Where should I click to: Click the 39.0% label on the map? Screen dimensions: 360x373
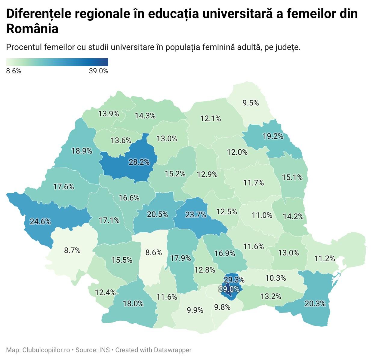click(229, 289)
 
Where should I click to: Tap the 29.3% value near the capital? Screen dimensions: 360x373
click(234, 280)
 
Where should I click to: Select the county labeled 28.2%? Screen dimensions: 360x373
click(139, 162)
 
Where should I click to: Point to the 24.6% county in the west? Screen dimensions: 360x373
click(40, 222)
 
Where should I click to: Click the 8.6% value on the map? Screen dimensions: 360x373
click(153, 252)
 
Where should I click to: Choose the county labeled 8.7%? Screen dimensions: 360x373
click(72, 250)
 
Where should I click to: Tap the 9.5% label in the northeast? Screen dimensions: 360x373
click(251, 103)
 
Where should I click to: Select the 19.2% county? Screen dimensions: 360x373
click(273, 136)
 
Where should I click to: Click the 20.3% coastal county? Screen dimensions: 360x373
click(315, 304)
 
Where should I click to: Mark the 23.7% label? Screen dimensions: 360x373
click(196, 215)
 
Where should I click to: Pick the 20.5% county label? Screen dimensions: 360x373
click(157, 214)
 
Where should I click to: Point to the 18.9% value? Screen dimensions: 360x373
click(82, 151)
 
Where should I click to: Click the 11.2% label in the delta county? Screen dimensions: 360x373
click(325, 258)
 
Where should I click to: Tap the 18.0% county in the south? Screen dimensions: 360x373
click(133, 304)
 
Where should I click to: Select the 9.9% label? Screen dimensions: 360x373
click(195, 310)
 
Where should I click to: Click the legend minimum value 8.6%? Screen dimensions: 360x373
click(14, 71)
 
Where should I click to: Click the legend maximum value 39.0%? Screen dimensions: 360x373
click(98, 71)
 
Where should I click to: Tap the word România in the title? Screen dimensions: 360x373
click(32, 29)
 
